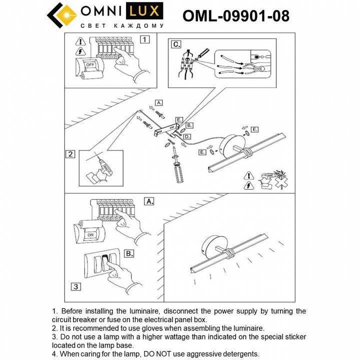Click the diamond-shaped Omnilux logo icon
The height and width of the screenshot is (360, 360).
point(63,15)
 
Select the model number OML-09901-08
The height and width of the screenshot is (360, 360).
point(235,16)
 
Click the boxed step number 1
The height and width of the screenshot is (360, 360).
point(145,38)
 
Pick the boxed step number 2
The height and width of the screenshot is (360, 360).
point(71,154)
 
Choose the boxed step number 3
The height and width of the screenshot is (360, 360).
point(74,286)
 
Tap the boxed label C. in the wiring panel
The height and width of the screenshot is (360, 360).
point(176,44)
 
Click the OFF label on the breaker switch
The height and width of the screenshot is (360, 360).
point(90,64)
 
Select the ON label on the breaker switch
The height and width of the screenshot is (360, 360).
point(90,234)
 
